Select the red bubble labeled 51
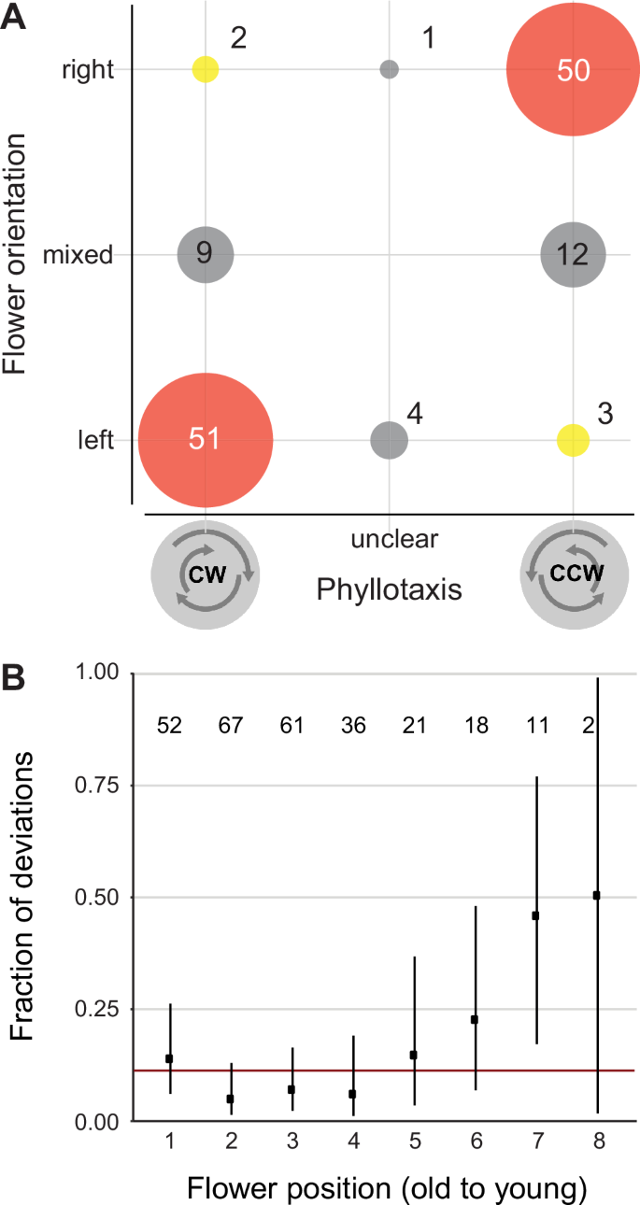(206, 439)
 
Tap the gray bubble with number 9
(206, 254)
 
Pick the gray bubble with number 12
(573, 254)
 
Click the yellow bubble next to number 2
(206, 69)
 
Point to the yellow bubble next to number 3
(573, 439)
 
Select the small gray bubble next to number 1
(390, 69)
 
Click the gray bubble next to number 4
(390, 439)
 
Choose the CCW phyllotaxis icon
(572, 575)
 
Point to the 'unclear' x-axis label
(389, 539)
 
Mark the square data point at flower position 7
(536, 915)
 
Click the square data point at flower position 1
(169, 1058)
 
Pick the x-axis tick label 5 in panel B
(414, 1141)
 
